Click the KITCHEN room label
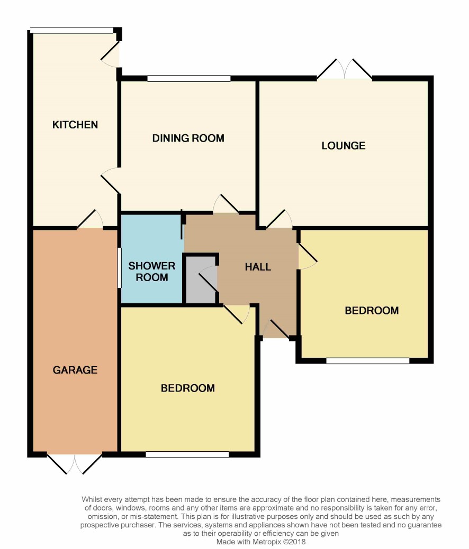tap(75, 125)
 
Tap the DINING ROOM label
tap(188, 138)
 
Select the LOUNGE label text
tap(344, 146)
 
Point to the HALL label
tap(258, 267)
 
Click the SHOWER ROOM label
tap(152, 272)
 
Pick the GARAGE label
tap(75, 370)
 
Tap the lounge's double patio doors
tap(345, 69)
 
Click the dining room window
tap(189, 78)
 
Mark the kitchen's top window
tap(72, 31)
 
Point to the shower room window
tap(119, 268)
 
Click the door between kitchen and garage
tap(90, 219)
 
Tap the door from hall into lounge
tap(279, 219)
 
